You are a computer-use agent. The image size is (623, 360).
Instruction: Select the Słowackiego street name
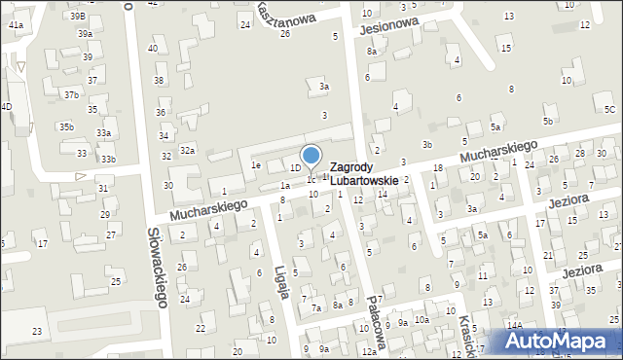point(157,267)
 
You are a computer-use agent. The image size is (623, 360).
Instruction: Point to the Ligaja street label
point(280,281)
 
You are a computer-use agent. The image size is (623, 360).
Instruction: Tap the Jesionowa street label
point(387,23)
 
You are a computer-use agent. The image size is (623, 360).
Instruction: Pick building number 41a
point(16,24)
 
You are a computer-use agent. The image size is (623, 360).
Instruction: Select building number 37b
point(71,94)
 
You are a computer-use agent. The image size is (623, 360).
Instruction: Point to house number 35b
point(65,126)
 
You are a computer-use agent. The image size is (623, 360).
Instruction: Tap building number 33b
point(108,160)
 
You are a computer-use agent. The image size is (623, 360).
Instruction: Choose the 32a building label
point(188,150)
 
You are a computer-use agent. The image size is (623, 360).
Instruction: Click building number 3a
point(325,87)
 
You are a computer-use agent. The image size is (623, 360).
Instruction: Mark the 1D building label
point(295,167)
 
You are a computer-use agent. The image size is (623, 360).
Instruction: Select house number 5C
point(609,109)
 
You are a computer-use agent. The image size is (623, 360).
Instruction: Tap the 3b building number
point(426,144)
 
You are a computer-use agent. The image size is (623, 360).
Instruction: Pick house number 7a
point(315,308)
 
